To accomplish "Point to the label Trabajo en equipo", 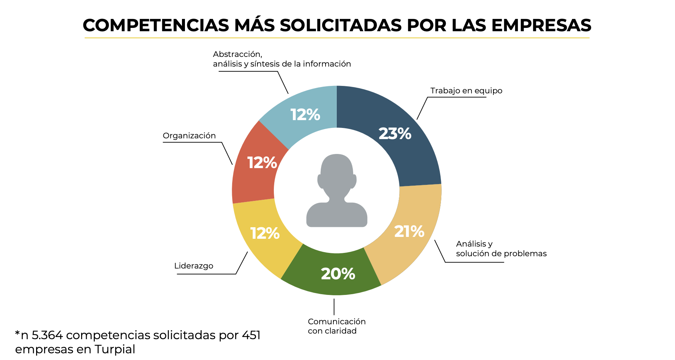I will click(466, 91).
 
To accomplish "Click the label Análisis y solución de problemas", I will click(501, 249).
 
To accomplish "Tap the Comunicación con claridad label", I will click(336, 326).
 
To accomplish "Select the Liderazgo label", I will click(193, 266).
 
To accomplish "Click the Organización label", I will click(189, 136).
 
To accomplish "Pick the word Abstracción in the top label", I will click(237, 54).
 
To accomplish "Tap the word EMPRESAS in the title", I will click(541, 25).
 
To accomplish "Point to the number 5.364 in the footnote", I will click(47, 335).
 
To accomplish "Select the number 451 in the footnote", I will click(251, 335).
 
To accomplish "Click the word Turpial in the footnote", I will click(115, 350).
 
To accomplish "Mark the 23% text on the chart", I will click(395, 134).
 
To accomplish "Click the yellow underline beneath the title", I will click(337, 38).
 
